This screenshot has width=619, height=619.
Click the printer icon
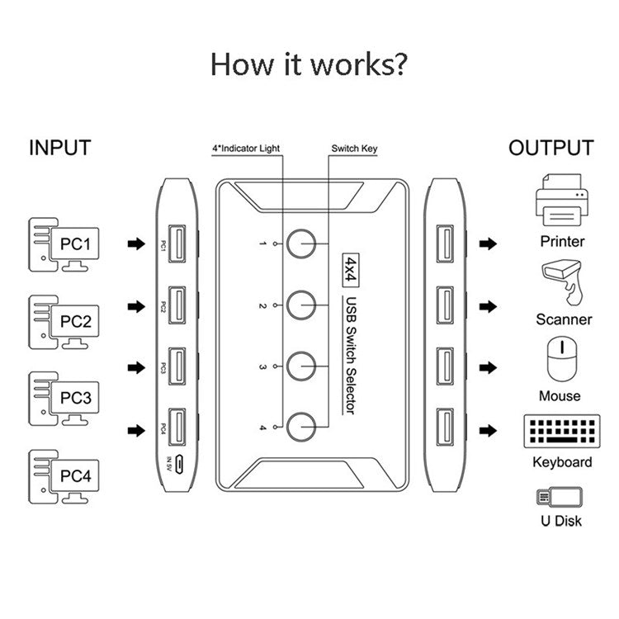[x=561, y=200]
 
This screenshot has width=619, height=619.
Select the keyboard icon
[x=561, y=431]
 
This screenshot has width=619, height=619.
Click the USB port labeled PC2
[x=176, y=305]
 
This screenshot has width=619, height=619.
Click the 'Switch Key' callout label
[x=355, y=149]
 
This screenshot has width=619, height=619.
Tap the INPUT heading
[x=60, y=148]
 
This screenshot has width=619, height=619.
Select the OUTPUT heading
[x=550, y=148]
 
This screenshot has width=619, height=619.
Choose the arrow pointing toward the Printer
[x=488, y=243]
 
